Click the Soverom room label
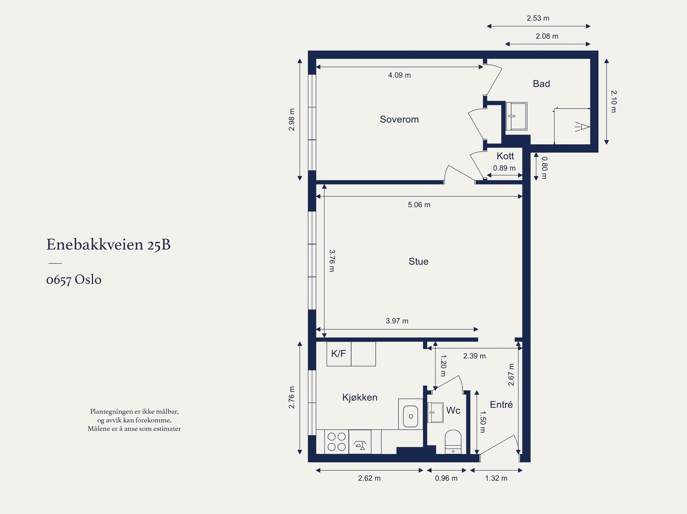tap(399, 119)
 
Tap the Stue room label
tap(419, 261)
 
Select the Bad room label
tap(541, 84)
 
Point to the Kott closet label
tap(505, 156)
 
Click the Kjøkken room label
tap(360, 397)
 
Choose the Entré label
tap(501, 405)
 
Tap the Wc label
tap(453, 410)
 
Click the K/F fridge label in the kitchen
tap(338, 354)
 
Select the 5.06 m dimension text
tap(419, 205)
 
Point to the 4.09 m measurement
tap(399, 75)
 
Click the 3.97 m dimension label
tap(397, 321)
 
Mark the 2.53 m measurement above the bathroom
tap(538, 18)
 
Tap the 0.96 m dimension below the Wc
tap(446, 478)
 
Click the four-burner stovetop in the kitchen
tap(337, 441)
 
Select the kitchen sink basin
tap(410, 416)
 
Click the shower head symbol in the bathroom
tap(583, 127)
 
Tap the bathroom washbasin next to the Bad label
tap(517, 116)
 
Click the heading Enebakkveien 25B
tap(108, 245)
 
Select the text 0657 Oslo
tap(74, 279)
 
